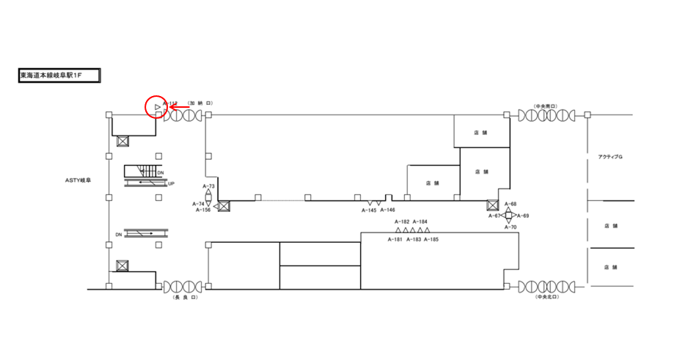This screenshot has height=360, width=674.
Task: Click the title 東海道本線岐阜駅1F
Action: tap(59, 76)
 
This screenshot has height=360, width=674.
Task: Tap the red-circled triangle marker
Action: tap(157, 108)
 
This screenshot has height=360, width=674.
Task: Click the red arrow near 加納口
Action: tap(175, 108)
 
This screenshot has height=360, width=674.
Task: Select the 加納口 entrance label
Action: tap(199, 104)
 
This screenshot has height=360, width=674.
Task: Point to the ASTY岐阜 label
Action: tap(77, 179)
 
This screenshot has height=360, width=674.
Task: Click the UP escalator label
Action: tap(172, 184)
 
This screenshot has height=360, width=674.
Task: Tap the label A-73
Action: tap(208, 187)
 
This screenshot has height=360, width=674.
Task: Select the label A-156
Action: tap(203, 210)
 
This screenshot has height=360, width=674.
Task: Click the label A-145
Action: tap(369, 210)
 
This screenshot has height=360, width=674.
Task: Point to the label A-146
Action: tap(388, 210)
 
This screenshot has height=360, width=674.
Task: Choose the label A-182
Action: tap(402, 221)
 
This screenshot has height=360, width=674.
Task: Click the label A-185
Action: tap(431, 240)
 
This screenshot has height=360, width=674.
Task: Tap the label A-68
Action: tap(511, 204)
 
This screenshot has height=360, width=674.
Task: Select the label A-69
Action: tap(523, 216)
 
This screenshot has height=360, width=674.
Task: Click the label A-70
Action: tap(511, 228)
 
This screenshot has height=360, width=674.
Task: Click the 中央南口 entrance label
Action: tap(545, 106)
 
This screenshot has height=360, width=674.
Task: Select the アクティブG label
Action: tap(610, 158)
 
